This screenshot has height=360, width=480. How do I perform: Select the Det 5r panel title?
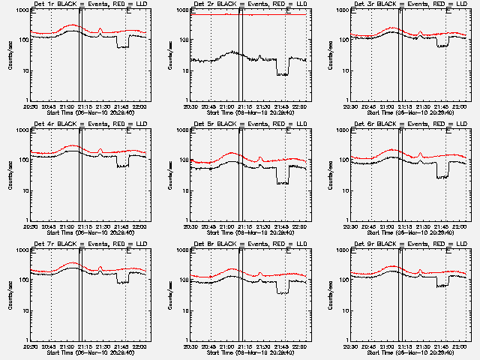250,124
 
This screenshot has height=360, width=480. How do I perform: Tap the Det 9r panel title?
410,244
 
